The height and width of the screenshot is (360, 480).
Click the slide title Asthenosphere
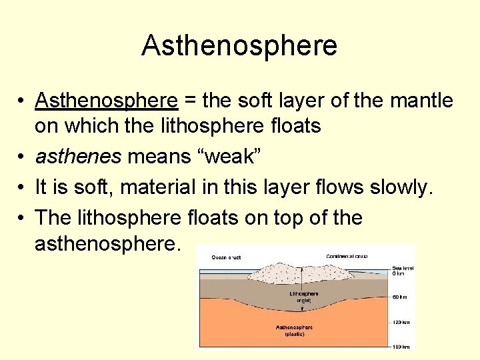click(239, 45)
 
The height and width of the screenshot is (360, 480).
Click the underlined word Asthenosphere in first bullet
click(107, 101)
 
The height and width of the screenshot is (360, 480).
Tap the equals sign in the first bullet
click(189, 101)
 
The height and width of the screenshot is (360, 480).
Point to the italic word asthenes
click(77, 157)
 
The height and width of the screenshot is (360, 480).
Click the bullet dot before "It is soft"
click(22, 188)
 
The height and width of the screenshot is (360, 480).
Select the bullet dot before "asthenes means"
click(22, 157)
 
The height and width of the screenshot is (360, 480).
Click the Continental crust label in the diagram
click(347, 255)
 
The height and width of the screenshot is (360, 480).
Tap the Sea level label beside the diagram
click(402, 269)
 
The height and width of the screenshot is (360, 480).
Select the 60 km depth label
click(401, 297)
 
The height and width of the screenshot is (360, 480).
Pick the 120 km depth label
click(401, 322)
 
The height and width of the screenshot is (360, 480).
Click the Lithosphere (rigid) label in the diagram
click(303, 297)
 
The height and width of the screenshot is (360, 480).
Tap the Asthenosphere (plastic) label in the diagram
click(294, 331)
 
